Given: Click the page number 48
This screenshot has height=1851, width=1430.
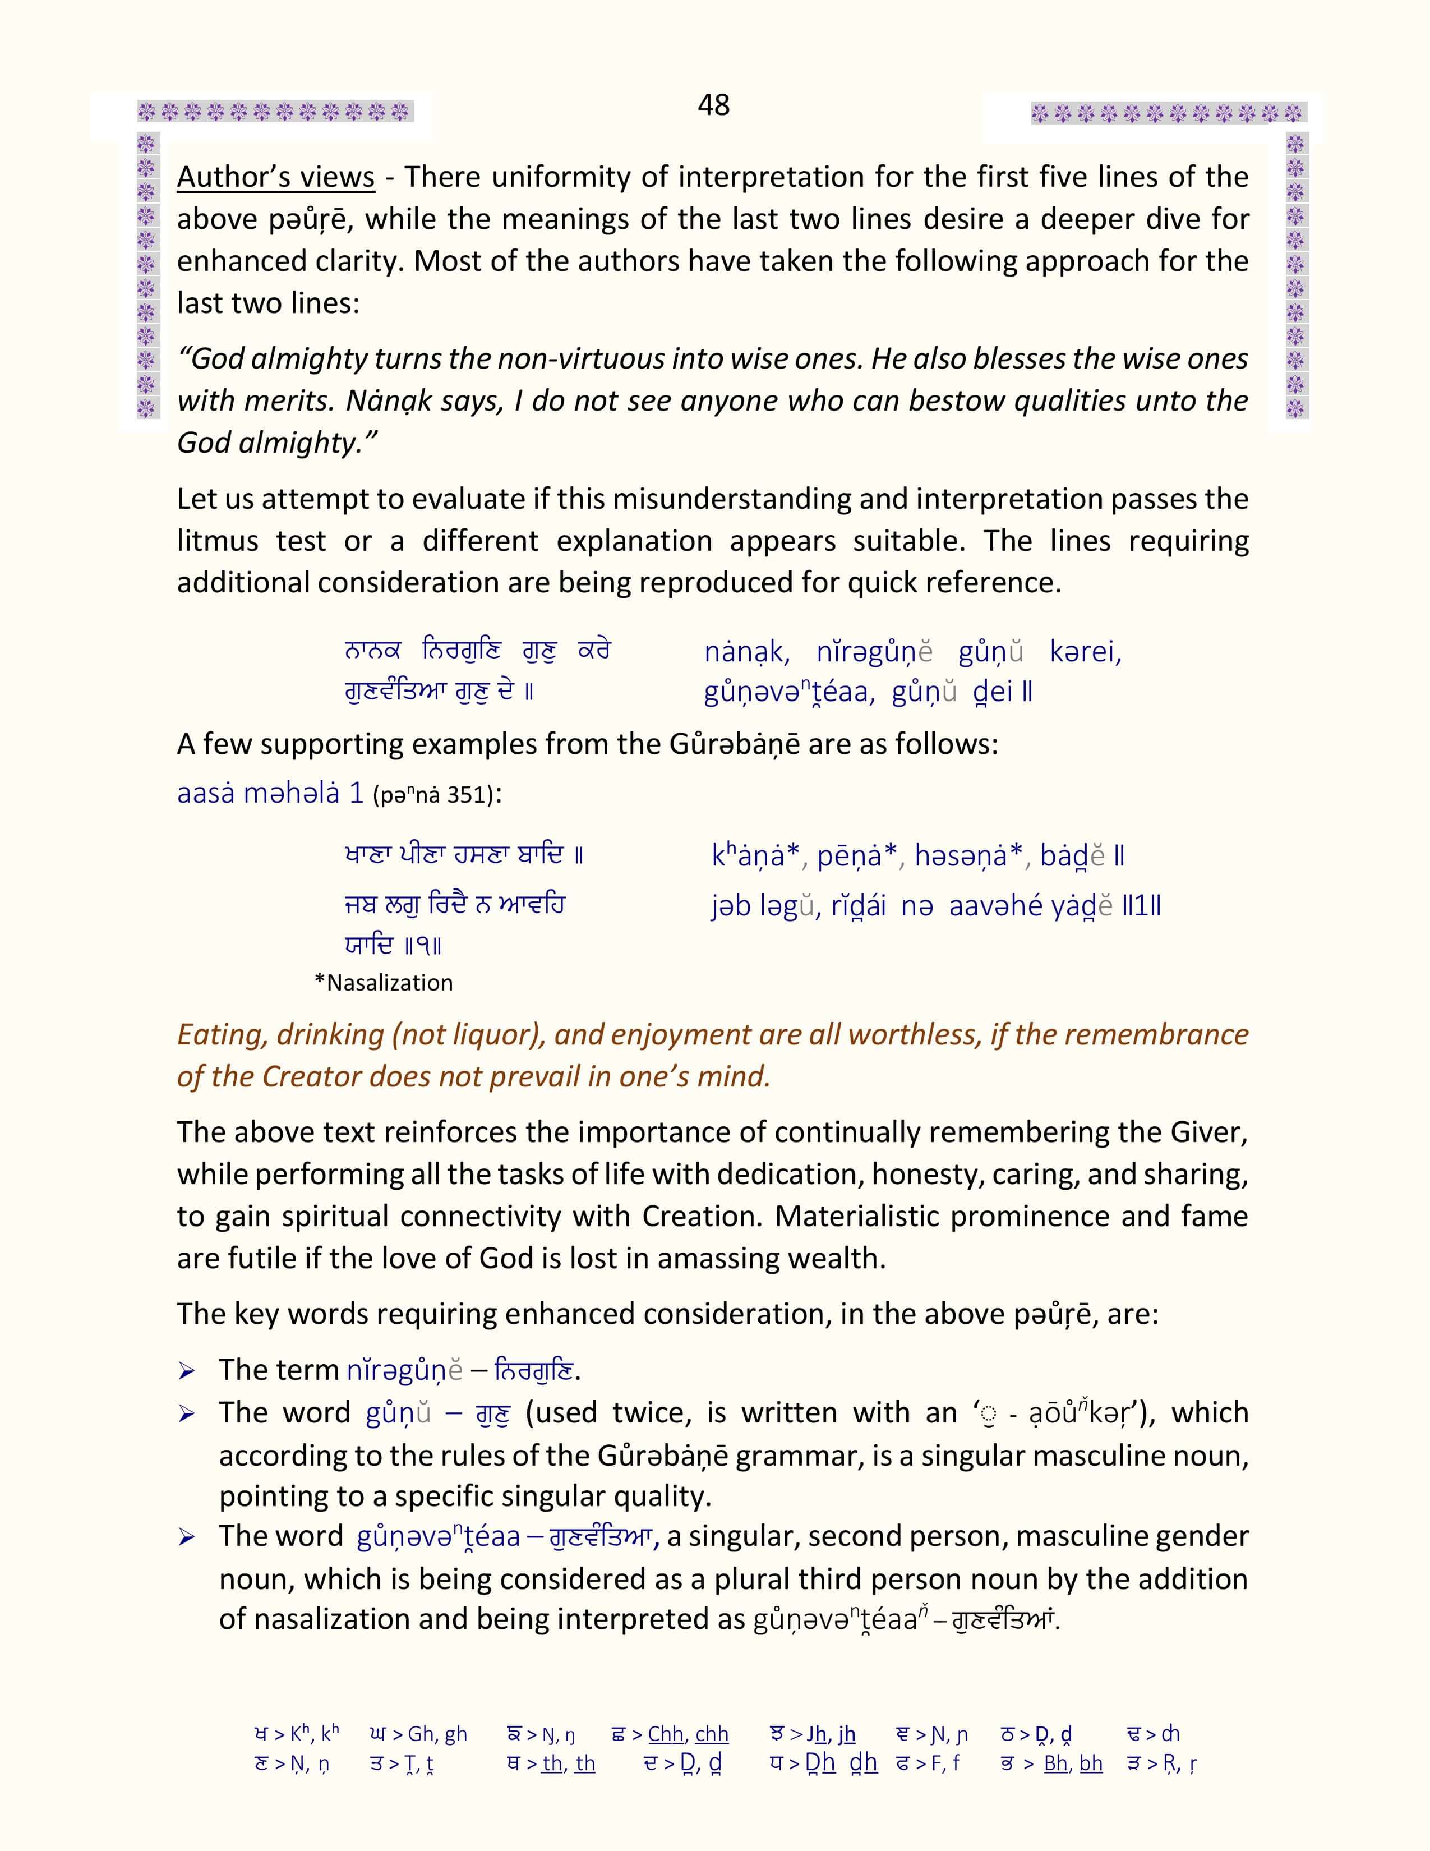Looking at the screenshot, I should tap(713, 105).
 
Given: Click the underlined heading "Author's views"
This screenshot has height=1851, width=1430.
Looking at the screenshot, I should tap(275, 177).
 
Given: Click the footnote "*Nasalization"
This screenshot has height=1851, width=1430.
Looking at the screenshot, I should tap(383, 982).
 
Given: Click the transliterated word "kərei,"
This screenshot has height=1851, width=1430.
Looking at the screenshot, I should tap(1085, 652).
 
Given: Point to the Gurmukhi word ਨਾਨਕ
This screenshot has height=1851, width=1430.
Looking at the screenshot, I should tap(372, 651).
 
